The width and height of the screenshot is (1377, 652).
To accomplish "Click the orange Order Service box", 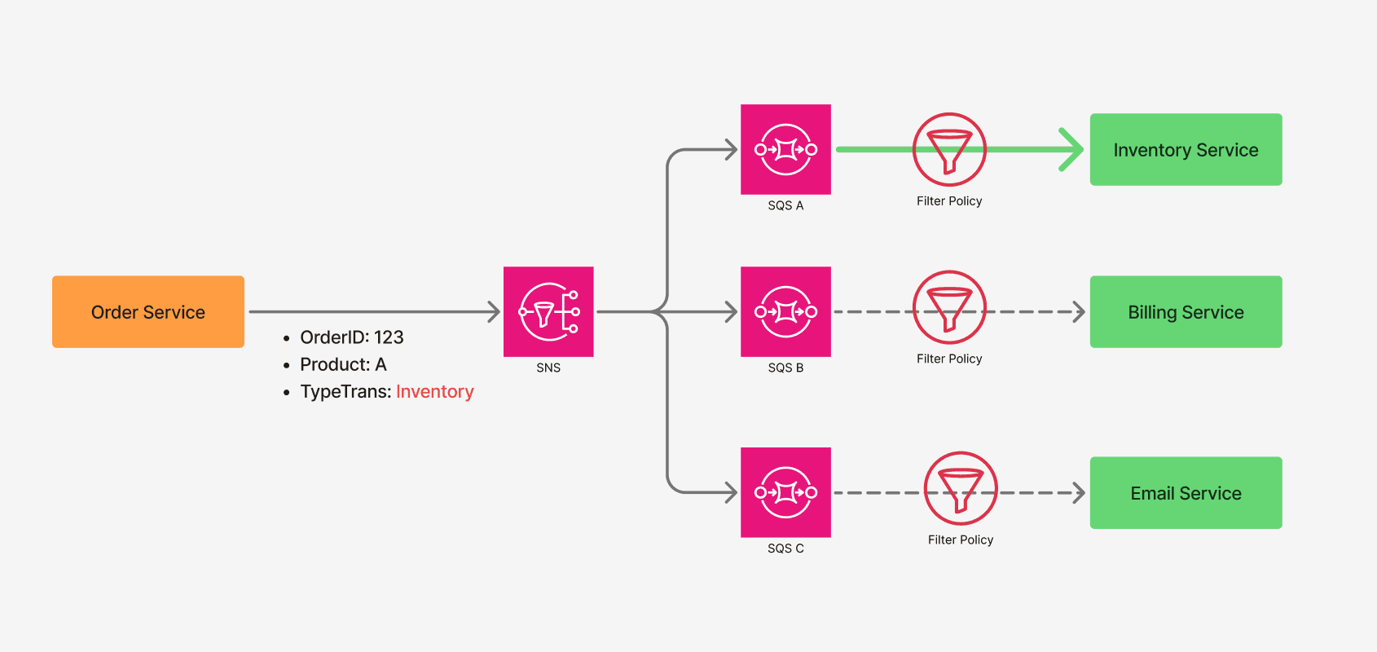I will [x=147, y=312].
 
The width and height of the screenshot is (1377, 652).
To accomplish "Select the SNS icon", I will [x=548, y=311].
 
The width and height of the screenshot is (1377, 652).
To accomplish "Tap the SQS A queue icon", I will [x=785, y=149].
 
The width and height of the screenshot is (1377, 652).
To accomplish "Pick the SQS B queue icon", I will [x=785, y=311].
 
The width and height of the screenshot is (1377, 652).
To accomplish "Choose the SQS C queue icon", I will [x=785, y=492].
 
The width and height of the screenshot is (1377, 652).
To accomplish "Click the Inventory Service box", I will [x=1186, y=150].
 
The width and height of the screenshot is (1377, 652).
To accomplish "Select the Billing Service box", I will [x=1186, y=312].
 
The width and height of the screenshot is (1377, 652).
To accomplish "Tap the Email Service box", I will [x=1186, y=493].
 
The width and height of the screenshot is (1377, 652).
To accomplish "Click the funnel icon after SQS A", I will [x=949, y=150].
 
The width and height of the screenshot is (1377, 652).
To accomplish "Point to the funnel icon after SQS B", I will [x=949, y=307].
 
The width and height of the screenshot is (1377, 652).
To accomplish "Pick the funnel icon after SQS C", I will [x=961, y=488].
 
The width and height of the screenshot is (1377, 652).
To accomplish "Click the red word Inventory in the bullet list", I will [x=434, y=392].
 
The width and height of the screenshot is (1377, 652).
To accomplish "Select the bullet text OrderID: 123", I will [x=351, y=337].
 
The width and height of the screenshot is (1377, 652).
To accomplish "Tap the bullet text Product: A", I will [x=343, y=364].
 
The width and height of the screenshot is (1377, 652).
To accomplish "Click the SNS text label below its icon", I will [x=548, y=368].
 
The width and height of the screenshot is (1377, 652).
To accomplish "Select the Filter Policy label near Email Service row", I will [x=961, y=540].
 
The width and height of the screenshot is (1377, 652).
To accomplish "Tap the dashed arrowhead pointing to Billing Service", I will [x=1080, y=312].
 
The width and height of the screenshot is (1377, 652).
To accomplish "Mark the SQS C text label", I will [x=785, y=548].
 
